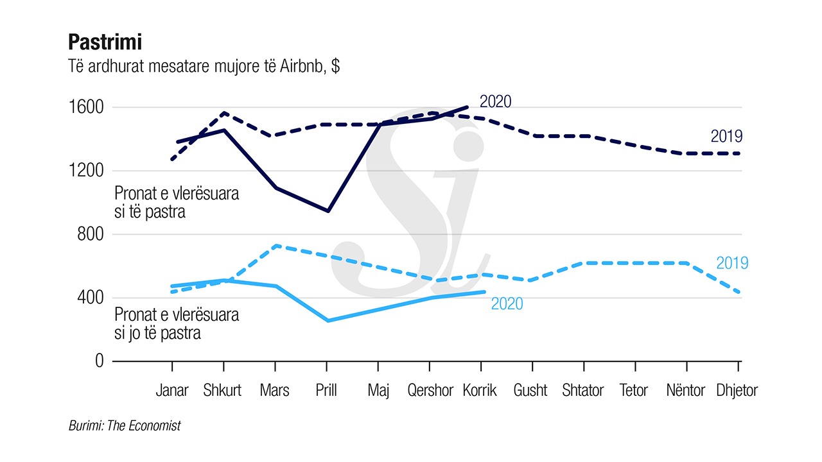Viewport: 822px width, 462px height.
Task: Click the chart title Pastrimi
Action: (x=105, y=42)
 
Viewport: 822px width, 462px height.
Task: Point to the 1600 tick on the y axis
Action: (x=86, y=107)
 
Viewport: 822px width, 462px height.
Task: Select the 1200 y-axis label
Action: (x=86, y=171)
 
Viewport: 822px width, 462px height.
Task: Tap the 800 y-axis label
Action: (x=91, y=234)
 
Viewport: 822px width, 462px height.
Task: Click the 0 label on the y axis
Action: (x=99, y=361)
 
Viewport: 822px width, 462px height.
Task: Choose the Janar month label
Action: (x=172, y=390)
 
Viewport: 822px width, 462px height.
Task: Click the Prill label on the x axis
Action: (x=327, y=390)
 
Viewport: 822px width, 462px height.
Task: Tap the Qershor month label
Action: (x=430, y=390)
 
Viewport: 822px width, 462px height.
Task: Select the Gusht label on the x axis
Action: (x=531, y=390)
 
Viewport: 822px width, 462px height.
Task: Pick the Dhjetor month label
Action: (x=737, y=390)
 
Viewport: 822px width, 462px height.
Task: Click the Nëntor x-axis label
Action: (x=685, y=390)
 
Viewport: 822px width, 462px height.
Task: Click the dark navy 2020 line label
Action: (x=496, y=101)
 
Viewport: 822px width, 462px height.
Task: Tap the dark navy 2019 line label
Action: (x=726, y=136)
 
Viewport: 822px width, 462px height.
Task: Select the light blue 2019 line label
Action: (x=732, y=263)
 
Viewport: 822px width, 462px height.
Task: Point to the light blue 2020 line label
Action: (x=507, y=304)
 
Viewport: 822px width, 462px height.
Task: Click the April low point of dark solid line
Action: (x=328, y=210)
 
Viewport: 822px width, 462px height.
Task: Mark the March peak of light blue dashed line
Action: (x=275, y=246)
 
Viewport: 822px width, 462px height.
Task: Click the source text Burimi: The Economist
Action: (x=125, y=425)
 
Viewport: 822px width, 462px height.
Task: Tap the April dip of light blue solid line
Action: (x=328, y=320)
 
